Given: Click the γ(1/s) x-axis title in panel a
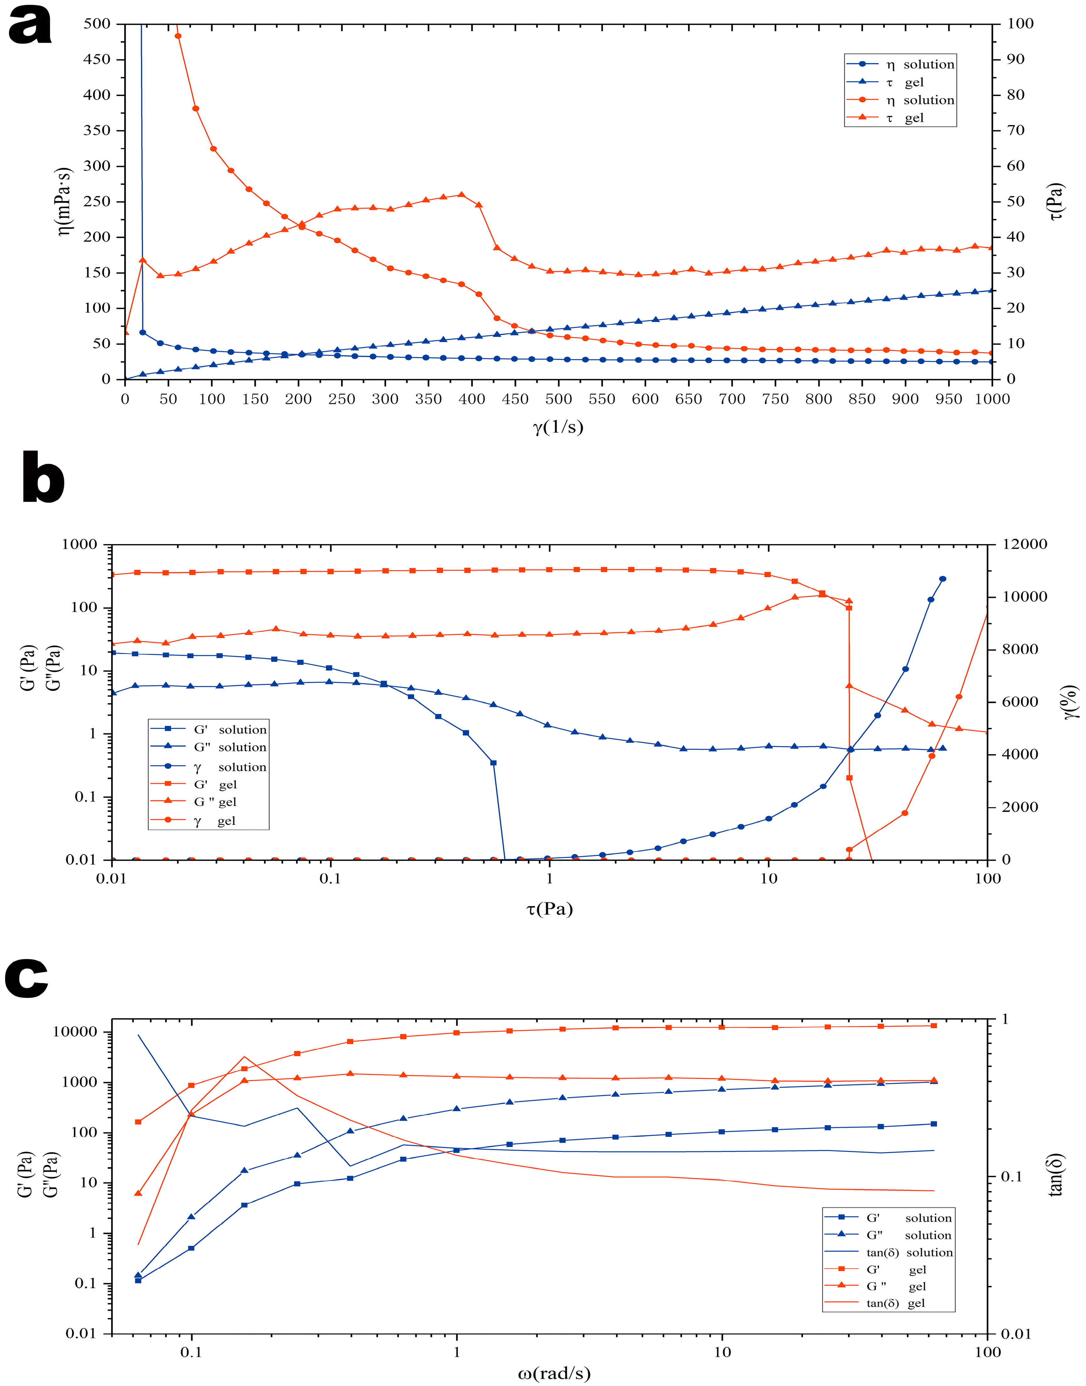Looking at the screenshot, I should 558,427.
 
